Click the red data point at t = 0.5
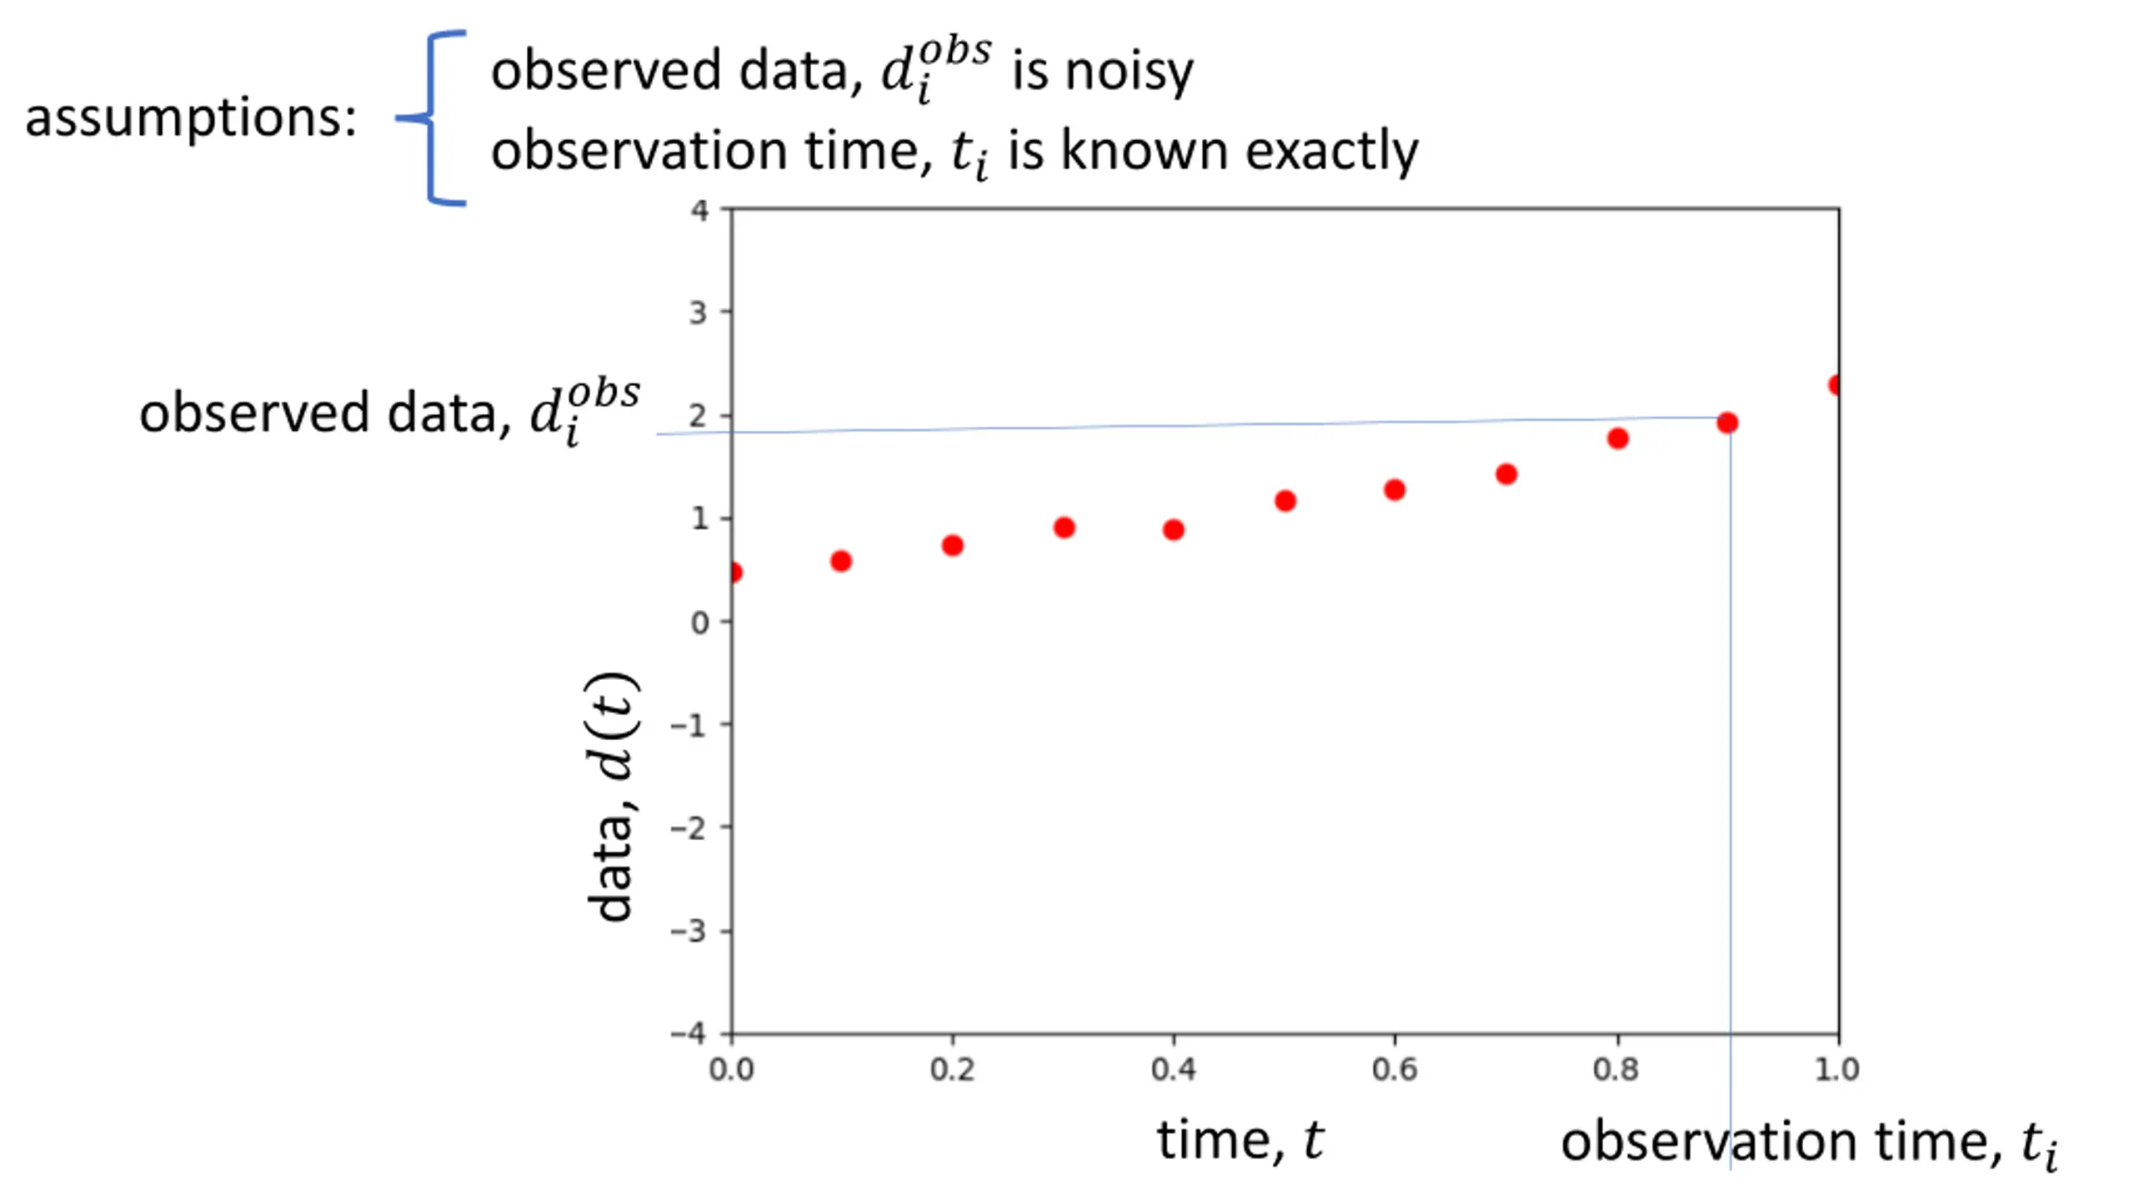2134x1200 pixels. tap(1285, 501)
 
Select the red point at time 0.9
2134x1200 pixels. tap(1727, 423)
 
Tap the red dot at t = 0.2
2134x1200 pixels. tap(952, 546)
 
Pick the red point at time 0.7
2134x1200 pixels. tap(1505, 474)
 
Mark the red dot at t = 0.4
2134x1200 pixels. tap(1173, 530)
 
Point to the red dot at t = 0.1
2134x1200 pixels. tap(841, 561)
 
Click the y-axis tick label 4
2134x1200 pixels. tap(699, 211)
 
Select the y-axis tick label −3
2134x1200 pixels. tap(689, 931)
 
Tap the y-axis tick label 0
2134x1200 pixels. tap(699, 622)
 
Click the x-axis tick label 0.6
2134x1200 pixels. tap(1395, 1069)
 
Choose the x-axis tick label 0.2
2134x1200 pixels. tap(952, 1069)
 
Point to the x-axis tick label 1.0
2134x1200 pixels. tap(1836, 1069)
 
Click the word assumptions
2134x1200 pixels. tap(191, 117)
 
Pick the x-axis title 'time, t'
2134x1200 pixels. tap(1239, 1139)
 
